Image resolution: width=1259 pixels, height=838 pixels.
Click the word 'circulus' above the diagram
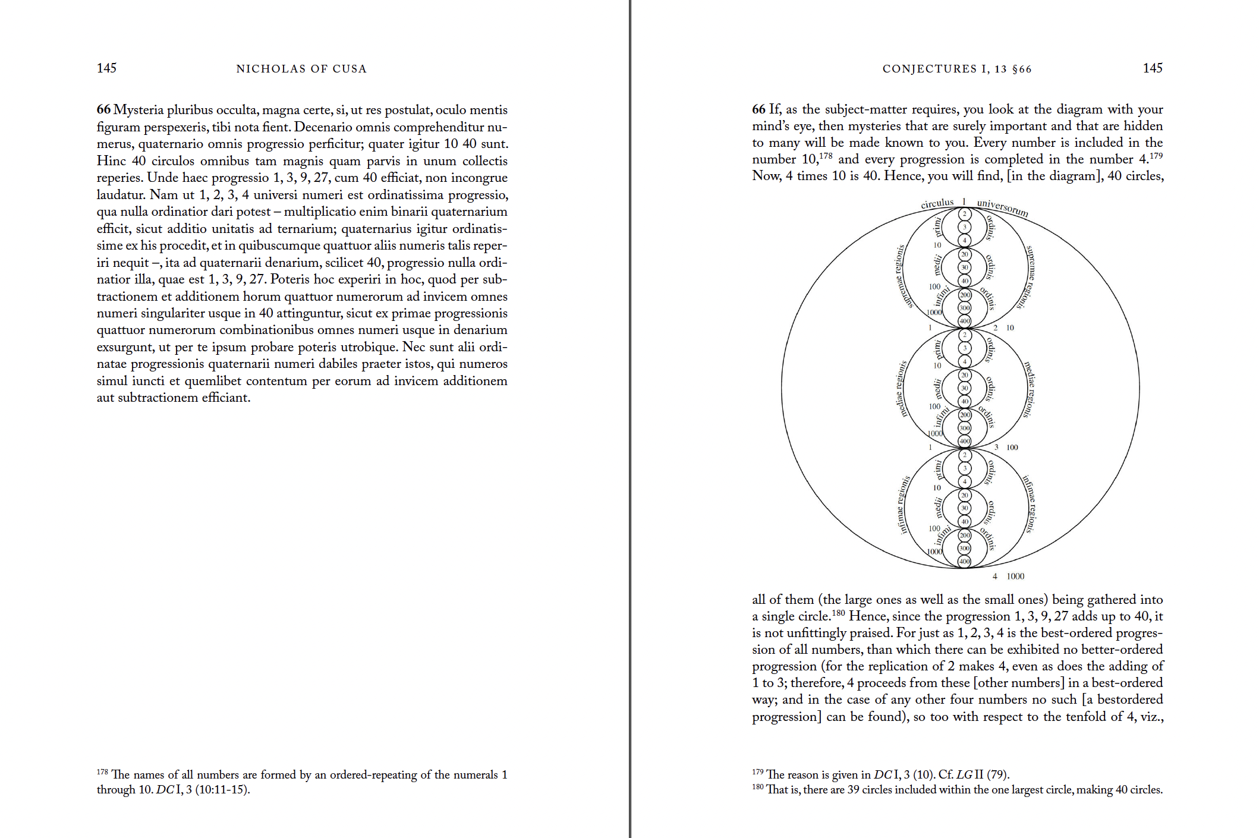pos(937,204)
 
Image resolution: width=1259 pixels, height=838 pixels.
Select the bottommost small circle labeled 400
pos(964,561)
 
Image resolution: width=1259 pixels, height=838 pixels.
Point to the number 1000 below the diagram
pos(1015,576)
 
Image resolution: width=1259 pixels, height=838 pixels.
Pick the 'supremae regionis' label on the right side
pos(1031,276)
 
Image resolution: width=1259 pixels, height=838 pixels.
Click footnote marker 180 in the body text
pos(838,612)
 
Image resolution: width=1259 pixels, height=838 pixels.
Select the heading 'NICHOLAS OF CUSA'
pos(301,69)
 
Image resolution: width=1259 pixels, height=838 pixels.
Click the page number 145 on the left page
pos(106,68)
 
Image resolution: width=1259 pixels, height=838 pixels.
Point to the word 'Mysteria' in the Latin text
pos(138,110)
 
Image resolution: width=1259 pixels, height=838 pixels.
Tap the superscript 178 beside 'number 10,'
pos(826,156)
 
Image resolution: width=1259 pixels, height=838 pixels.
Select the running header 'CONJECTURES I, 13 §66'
pos(957,69)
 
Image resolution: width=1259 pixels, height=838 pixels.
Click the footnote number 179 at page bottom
pos(758,772)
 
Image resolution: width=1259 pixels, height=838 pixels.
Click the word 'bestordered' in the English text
pos(1128,700)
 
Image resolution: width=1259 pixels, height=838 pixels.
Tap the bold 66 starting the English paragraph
pos(758,109)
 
